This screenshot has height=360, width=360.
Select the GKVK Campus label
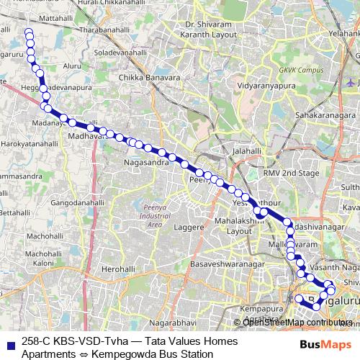301,71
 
